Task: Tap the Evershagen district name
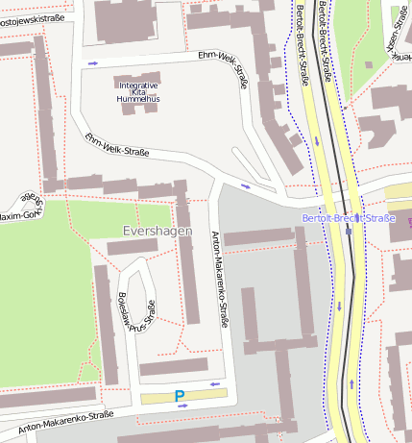158,232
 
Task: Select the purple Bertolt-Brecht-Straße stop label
348,219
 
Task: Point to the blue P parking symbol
179,396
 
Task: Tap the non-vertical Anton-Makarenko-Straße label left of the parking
65,420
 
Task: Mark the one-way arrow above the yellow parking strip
214,384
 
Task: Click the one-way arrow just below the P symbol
182,407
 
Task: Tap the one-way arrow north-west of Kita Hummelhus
93,63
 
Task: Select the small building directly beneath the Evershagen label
133,247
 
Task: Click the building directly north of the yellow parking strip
173,367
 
